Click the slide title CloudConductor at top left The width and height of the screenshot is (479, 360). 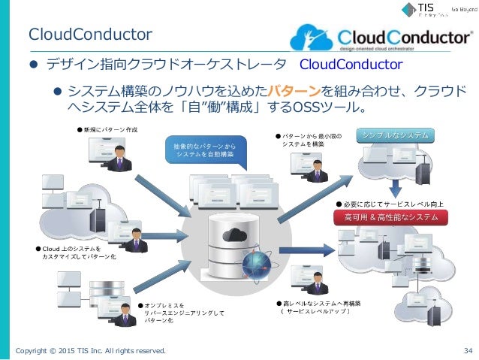[90, 34]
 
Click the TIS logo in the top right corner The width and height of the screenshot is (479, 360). [420, 11]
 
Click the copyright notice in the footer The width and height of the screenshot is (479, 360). [90, 349]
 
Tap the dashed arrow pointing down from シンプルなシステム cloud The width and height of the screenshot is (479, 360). [394, 186]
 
